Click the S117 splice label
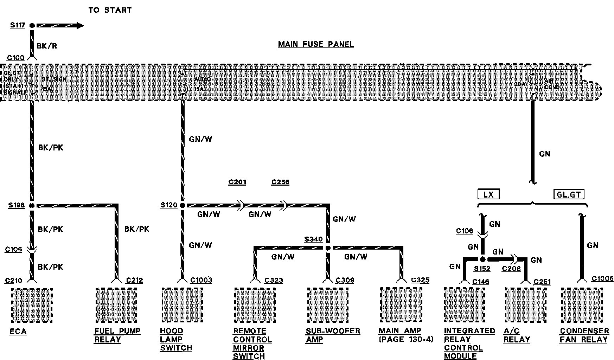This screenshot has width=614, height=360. click(x=17, y=25)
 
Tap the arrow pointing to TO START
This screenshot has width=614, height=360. click(x=60, y=25)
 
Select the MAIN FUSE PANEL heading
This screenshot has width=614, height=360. click(x=316, y=44)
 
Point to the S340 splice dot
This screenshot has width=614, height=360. click(x=328, y=248)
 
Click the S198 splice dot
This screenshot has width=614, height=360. click(x=32, y=205)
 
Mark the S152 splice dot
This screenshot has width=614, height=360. click(x=483, y=259)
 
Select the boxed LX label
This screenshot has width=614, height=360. click(x=488, y=194)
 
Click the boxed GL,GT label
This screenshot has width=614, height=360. click(x=569, y=194)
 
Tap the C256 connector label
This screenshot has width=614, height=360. click(x=280, y=182)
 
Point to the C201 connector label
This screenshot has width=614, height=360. click(x=237, y=182)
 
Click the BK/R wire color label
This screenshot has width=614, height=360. click(x=47, y=46)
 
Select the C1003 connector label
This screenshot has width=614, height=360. click(x=201, y=280)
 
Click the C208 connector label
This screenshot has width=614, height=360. click(x=511, y=269)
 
